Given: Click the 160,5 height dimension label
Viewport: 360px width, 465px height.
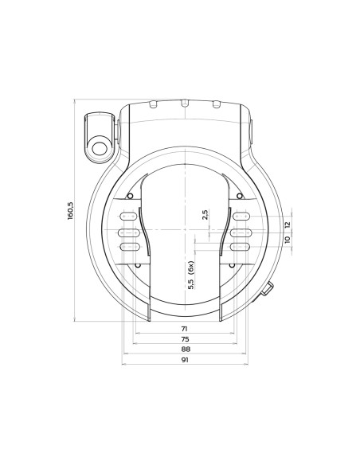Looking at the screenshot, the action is pos(71,211).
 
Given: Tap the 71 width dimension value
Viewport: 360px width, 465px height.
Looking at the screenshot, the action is pos(185,329).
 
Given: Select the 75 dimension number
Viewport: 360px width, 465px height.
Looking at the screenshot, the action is pos(185,339).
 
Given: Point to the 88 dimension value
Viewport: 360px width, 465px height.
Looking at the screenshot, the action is pos(186,349).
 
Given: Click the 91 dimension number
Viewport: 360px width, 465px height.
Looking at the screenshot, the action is pos(185,360).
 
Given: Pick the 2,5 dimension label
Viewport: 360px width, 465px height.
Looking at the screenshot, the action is pos(205,214).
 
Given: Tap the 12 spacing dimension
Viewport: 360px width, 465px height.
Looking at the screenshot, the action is pos(288,225).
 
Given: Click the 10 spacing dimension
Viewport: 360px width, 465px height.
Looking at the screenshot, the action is pos(288,240).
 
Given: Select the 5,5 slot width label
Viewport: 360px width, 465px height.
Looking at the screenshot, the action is pos(191,283).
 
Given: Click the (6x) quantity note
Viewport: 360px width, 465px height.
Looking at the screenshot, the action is pos(191,268).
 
